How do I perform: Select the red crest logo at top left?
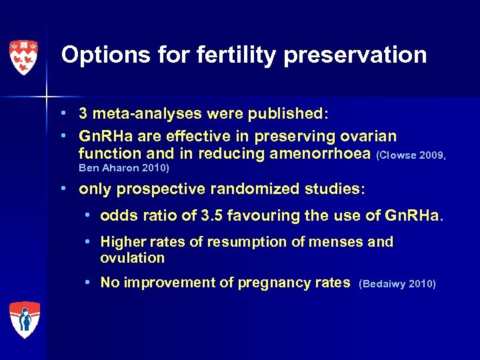click(23, 57)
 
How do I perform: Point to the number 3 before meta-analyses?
click(83, 114)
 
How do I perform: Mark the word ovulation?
click(132, 258)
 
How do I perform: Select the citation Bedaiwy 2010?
click(397, 284)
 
